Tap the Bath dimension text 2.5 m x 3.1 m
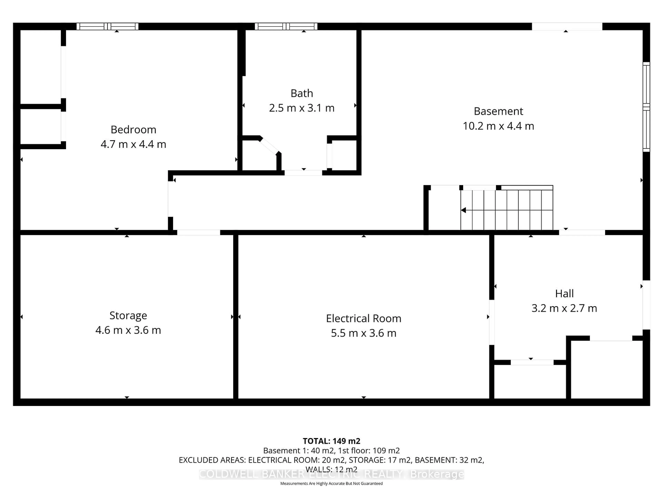point(301,108)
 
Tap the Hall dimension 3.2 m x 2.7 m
point(564,308)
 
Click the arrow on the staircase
point(464,210)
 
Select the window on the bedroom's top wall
point(107,26)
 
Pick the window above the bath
point(286,26)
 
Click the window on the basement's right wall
point(646,107)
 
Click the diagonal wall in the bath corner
point(269,146)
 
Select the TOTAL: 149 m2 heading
point(331,441)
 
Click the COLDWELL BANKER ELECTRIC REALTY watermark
point(331,474)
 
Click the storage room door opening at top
point(198,232)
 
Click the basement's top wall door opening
point(567,26)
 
